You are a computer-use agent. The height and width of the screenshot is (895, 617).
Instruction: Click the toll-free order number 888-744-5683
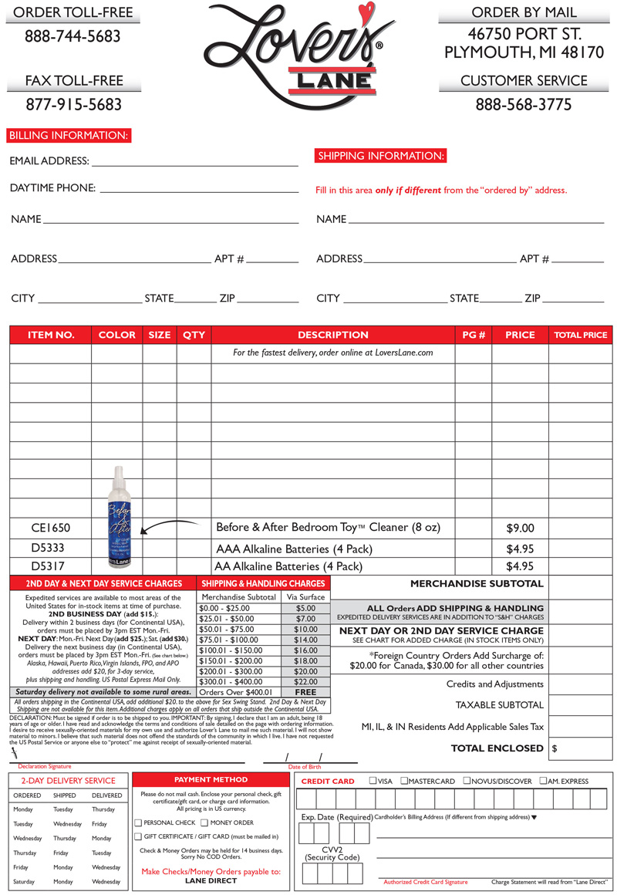point(72,36)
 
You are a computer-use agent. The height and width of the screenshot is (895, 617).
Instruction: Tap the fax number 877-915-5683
point(73,104)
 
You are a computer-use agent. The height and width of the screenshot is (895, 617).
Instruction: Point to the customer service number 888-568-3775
point(524,104)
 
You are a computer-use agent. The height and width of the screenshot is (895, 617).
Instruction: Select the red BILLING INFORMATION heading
point(69,136)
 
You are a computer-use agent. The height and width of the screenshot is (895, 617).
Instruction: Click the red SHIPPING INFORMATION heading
point(381,156)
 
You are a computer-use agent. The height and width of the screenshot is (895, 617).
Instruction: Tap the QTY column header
point(194,335)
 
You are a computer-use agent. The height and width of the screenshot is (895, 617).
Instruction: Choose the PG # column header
point(474,335)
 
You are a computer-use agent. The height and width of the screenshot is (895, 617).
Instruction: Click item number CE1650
point(51,528)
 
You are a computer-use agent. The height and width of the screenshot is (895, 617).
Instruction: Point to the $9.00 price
point(520,529)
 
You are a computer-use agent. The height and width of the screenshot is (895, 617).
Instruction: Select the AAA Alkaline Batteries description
point(294,549)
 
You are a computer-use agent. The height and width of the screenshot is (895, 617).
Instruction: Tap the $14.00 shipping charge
point(305,640)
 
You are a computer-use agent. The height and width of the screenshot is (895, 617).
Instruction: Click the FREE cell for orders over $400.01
point(305,693)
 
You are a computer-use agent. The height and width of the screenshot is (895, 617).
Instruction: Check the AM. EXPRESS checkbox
point(544,781)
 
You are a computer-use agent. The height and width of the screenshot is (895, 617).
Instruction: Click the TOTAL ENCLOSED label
point(497,748)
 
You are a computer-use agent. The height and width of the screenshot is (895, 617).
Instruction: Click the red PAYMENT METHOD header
point(211,780)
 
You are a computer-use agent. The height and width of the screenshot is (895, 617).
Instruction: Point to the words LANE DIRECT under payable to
point(211,880)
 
